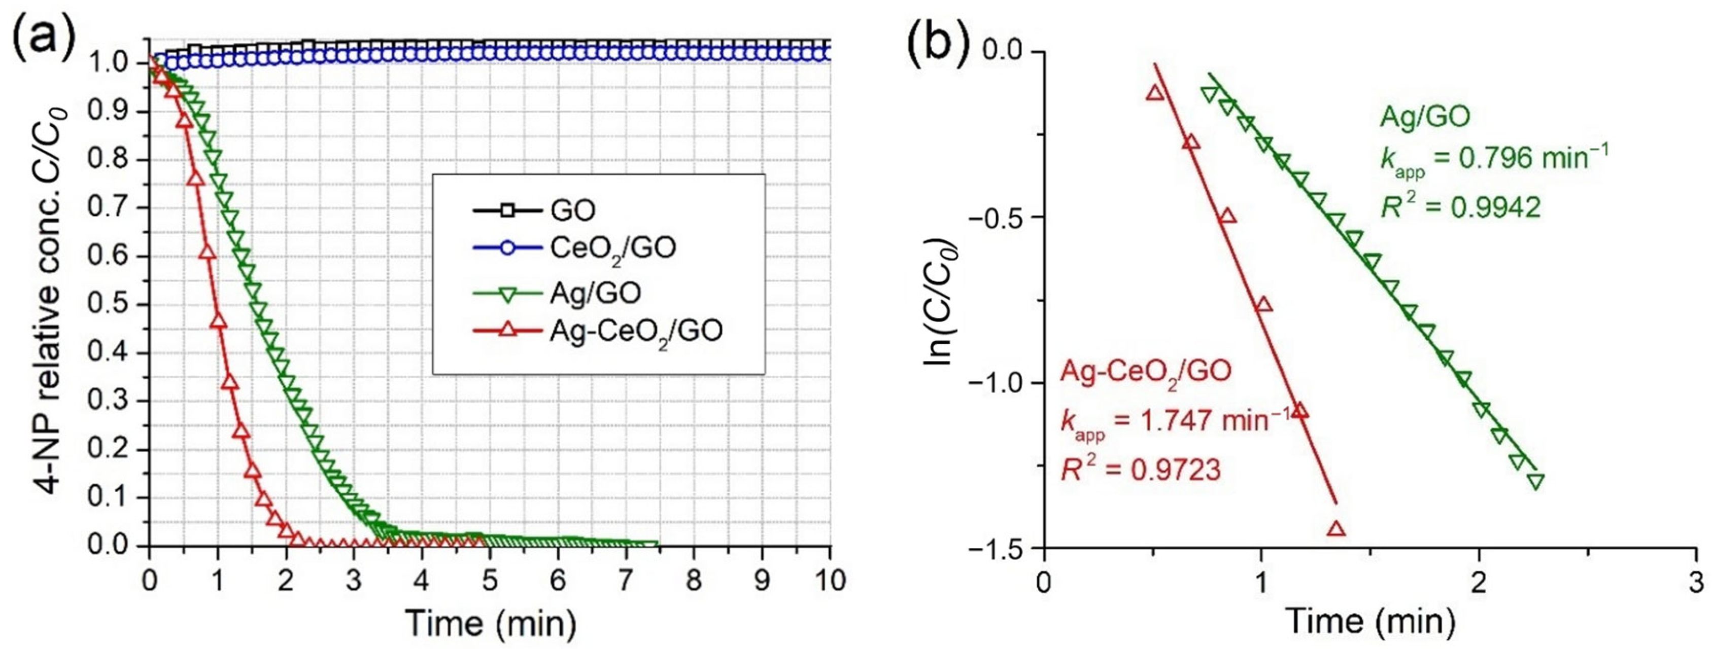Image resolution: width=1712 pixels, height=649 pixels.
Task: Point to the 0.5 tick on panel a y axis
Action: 116,306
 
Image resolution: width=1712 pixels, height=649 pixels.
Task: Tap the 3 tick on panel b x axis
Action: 1696,583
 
